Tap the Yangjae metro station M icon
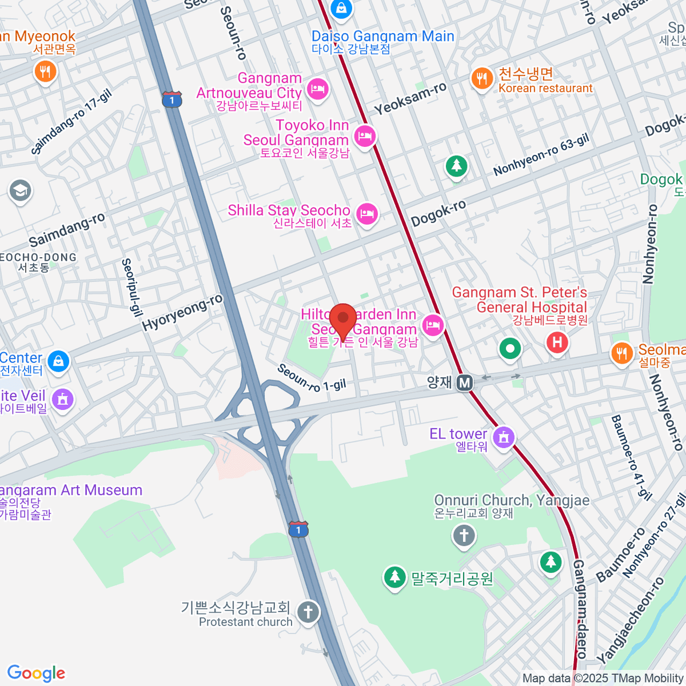coord(465,382)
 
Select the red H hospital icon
coord(557,344)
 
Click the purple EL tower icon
coord(504,438)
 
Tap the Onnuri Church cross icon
coord(464,536)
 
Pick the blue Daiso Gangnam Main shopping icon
coord(341,9)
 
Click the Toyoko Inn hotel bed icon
coord(364,136)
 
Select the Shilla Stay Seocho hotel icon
coord(366,214)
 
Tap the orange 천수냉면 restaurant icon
coord(482,78)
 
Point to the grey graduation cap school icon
coord(20,191)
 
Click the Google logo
coord(36,673)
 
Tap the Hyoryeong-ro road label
coord(182,313)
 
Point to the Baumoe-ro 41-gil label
coord(631,457)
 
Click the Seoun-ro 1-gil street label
coord(312,379)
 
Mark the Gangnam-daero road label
coord(580,609)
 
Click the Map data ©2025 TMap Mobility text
coord(603,678)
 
